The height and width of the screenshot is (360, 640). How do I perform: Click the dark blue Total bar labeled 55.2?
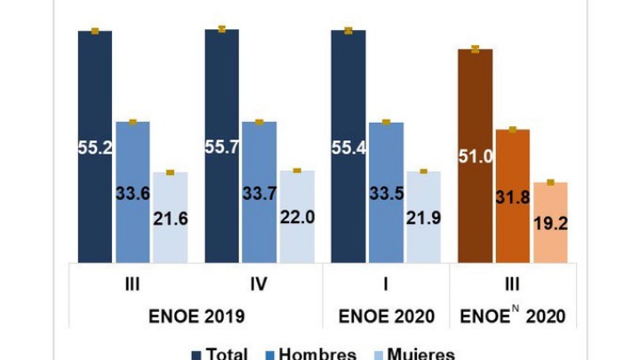[x=95, y=147]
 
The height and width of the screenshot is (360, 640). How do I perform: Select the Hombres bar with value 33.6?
[x=132, y=191]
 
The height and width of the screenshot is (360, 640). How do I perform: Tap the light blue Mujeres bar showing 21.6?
[x=170, y=217]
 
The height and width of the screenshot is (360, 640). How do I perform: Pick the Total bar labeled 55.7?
[x=221, y=146]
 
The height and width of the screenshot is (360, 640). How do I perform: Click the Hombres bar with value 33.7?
[x=260, y=191]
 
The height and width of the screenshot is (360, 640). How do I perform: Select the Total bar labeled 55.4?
[x=348, y=146]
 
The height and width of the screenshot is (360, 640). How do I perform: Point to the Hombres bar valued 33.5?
[x=386, y=191]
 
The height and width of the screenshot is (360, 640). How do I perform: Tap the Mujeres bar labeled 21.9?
[x=423, y=217]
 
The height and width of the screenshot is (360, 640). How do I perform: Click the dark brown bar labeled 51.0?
[x=475, y=156]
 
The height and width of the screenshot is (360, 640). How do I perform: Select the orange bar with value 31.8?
[x=513, y=196]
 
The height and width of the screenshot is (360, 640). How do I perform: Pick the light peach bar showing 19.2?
[x=550, y=222]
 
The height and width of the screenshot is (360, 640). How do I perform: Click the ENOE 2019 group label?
[x=196, y=316]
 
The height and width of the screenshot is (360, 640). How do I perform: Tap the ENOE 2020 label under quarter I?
[x=386, y=316]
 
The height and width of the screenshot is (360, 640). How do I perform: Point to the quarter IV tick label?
[x=259, y=284]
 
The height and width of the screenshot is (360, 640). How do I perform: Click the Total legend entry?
[x=220, y=354]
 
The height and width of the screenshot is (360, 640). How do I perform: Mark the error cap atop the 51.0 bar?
[x=476, y=49]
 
